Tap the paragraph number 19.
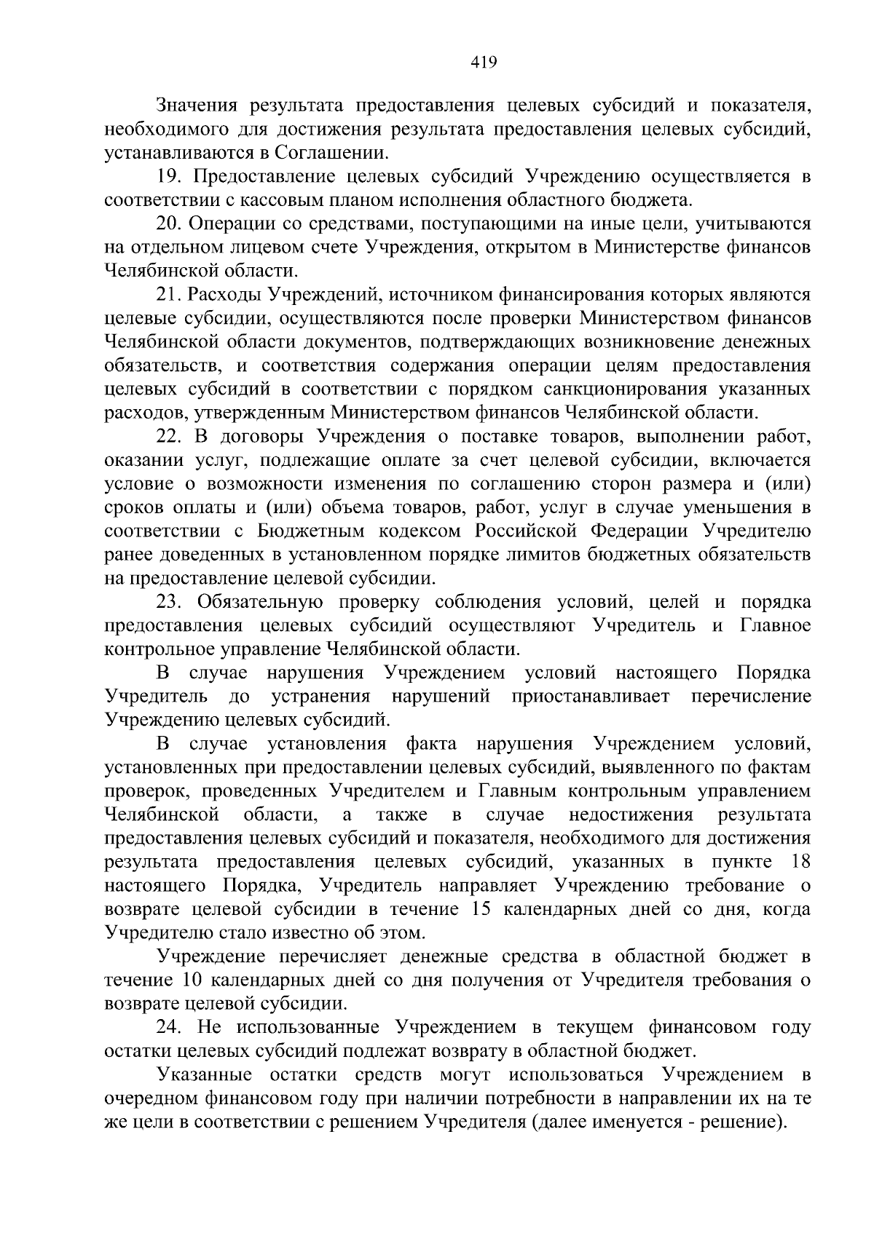click(169, 177)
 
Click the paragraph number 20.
click(169, 224)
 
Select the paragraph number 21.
click(169, 295)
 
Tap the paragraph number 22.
click(169, 437)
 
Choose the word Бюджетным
click(312, 531)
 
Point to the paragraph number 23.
click(169, 602)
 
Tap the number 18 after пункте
click(800, 862)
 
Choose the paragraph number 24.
click(169, 1027)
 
